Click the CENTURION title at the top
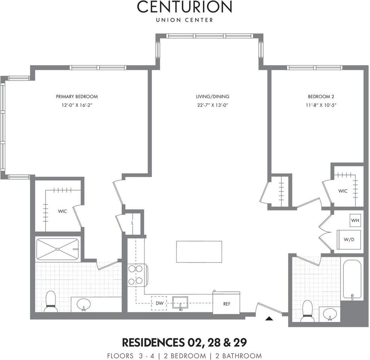pyautogui.click(x=184, y=7)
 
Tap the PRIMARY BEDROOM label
pyautogui.click(x=77, y=96)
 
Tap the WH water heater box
pyautogui.click(x=355, y=220)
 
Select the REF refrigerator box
pyautogui.click(x=227, y=303)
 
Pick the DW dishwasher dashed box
pyautogui.click(x=159, y=303)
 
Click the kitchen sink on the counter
pyautogui.click(x=180, y=302)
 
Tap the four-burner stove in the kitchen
pyautogui.click(x=136, y=275)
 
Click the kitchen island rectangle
pyautogui.click(x=199, y=252)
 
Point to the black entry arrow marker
pyautogui.click(x=269, y=319)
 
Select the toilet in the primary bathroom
pyautogui.click(x=51, y=301)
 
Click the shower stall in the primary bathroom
pyautogui.click(x=57, y=249)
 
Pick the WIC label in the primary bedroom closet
pyautogui.click(x=62, y=211)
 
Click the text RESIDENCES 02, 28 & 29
pyautogui.click(x=184, y=342)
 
